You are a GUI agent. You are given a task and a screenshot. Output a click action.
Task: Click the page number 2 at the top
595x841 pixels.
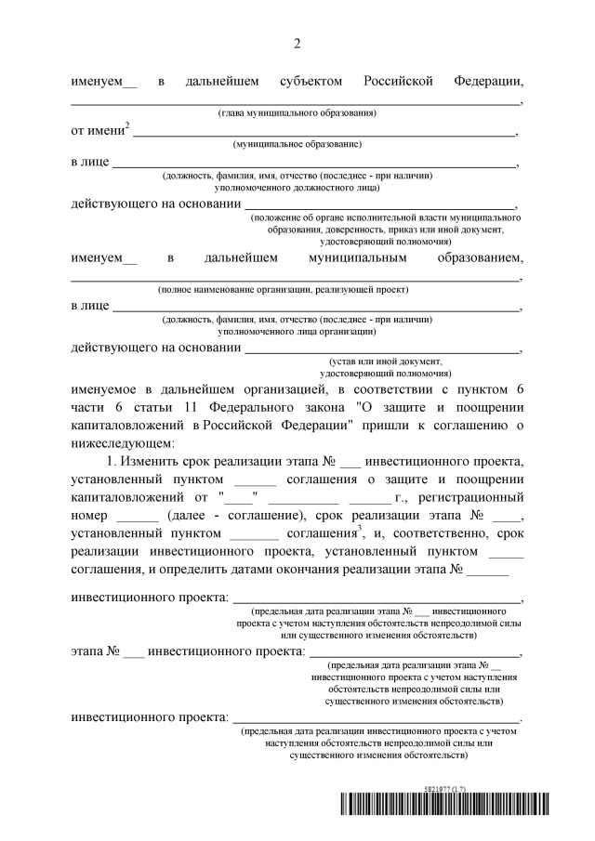(297, 44)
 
